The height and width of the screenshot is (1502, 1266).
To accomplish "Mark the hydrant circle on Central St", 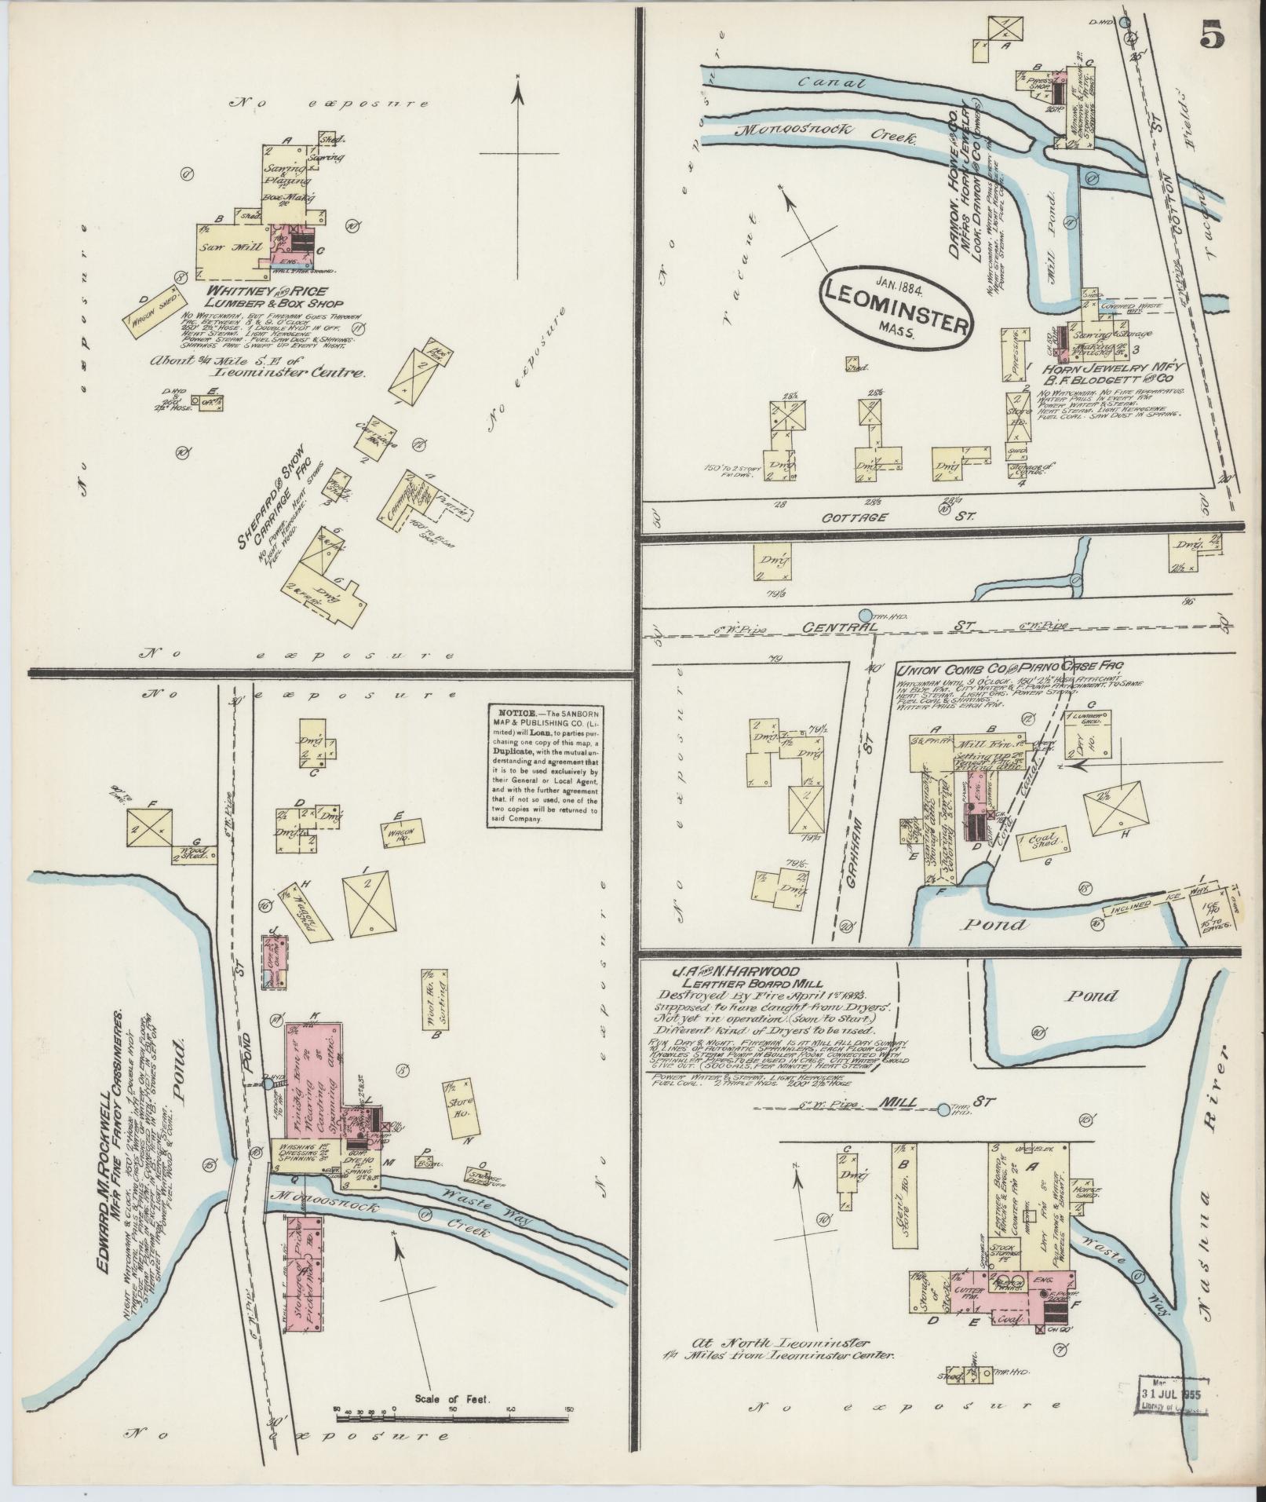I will [866, 616].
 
